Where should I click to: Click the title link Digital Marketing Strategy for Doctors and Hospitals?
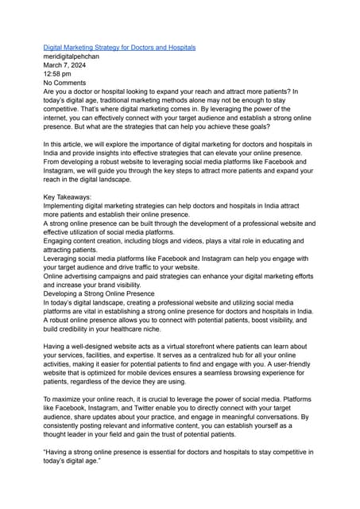pos(119,48)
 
